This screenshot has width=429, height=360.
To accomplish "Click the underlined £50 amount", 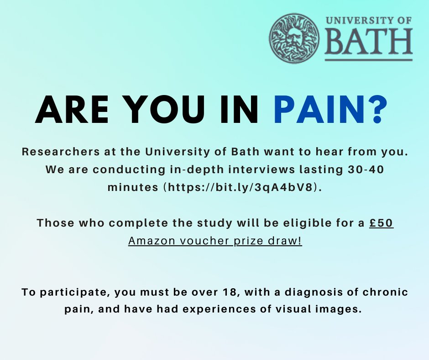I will (381, 223).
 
